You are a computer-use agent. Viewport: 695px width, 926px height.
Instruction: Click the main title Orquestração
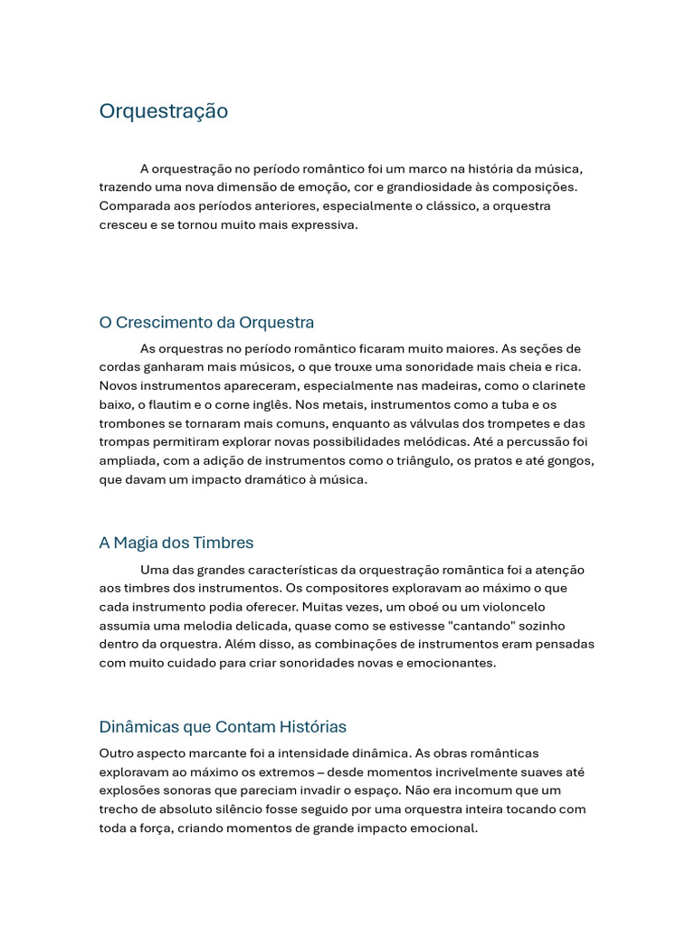(163, 111)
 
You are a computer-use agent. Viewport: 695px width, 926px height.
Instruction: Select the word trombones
(130, 424)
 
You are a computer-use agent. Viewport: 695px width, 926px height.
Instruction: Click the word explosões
(130, 790)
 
